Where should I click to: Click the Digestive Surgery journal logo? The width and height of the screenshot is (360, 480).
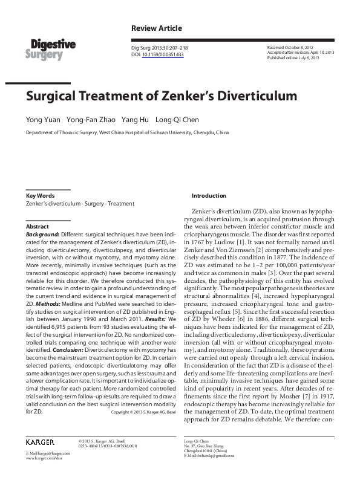[x=50, y=48]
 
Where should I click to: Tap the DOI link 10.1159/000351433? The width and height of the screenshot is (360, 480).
[x=163, y=54]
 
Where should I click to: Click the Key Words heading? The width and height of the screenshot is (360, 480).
[x=41, y=196]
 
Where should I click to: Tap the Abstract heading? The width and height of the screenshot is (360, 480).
[x=38, y=225]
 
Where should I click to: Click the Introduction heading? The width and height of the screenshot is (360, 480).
[x=209, y=196]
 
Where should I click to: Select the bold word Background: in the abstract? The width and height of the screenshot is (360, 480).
[x=42, y=233]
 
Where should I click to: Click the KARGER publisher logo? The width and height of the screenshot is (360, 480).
[x=44, y=442]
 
